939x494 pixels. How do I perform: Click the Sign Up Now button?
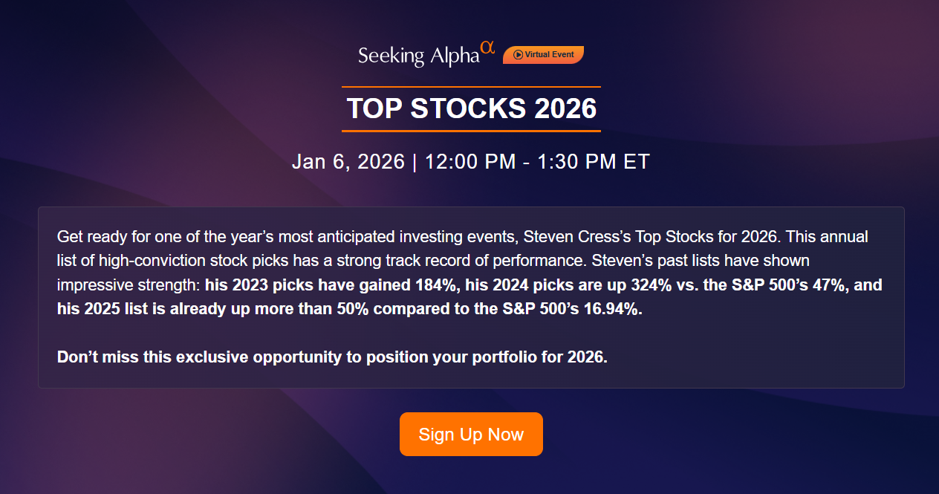[x=471, y=435]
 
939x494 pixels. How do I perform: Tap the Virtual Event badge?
[x=543, y=55]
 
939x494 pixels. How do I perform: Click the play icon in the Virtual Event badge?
[x=518, y=55]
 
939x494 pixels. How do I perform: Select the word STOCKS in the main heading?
[x=467, y=109]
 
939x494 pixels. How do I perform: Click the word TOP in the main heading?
[x=374, y=109]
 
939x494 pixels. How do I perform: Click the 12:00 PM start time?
[x=469, y=162]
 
